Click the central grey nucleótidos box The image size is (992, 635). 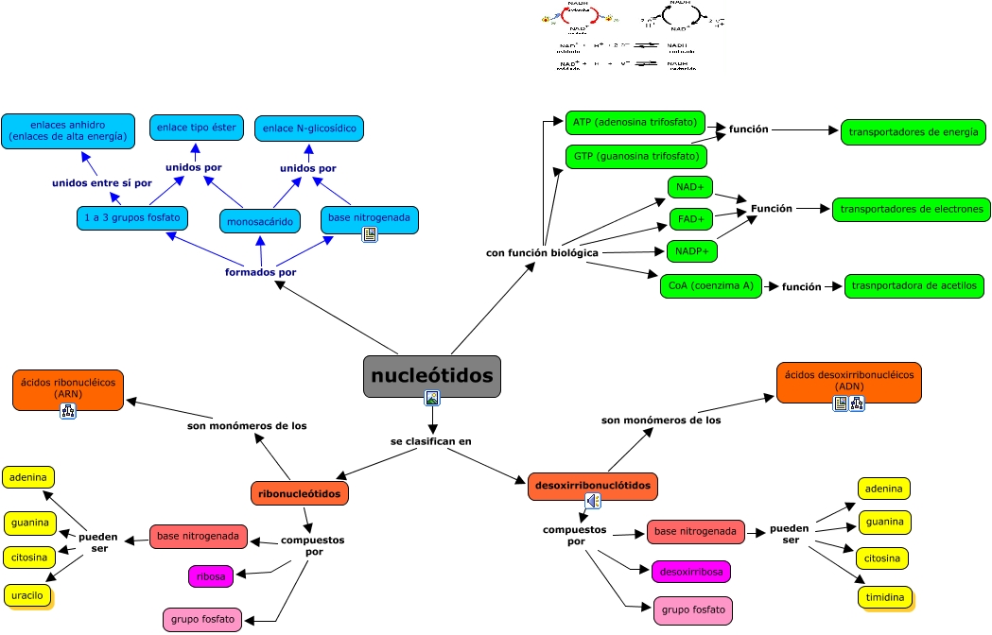point(432,376)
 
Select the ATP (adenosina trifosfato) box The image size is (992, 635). point(635,122)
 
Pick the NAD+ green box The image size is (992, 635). point(690,187)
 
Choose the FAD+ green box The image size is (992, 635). point(690,219)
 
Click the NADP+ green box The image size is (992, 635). point(692,251)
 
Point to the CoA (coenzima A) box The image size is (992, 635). point(710,285)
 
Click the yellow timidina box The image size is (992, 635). point(884,597)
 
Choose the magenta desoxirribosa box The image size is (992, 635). point(691,572)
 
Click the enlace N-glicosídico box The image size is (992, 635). point(309,129)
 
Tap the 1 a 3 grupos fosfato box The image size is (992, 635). point(131,218)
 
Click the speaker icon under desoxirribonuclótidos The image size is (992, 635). point(593,501)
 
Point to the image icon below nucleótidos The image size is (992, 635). point(432,398)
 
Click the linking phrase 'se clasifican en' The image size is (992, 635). point(431,441)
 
